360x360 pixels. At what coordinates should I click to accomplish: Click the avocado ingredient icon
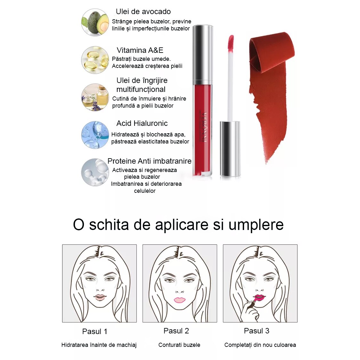pyautogui.click(x=95, y=22)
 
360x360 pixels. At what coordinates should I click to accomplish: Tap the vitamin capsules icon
pyautogui.click(x=95, y=60)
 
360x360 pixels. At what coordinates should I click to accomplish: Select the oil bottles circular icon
pyautogui.click(x=95, y=97)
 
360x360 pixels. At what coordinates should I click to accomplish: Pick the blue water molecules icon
pyautogui.click(x=95, y=135)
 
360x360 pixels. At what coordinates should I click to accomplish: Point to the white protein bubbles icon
pyautogui.click(x=95, y=172)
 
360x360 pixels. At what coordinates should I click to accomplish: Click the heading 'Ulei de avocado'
pyautogui.click(x=143, y=12)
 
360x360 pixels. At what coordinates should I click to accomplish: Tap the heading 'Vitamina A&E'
pyautogui.click(x=140, y=50)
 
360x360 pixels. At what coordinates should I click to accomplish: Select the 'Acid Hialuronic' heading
pyautogui.click(x=142, y=123)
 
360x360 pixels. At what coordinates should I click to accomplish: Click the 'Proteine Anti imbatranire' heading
pyautogui.click(x=149, y=161)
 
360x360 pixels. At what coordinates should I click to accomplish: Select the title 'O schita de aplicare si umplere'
pyautogui.click(x=178, y=225)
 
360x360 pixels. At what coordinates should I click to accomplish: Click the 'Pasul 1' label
pyautogui.click(x=94, y=331)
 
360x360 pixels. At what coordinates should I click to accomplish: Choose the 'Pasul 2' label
pyautogui.click(x=176, y=331)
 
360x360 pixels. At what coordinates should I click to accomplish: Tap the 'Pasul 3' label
pyautogui.click(x=257, y=331)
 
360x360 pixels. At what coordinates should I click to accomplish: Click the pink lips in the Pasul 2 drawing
pyautogui.click(x=180, y=300)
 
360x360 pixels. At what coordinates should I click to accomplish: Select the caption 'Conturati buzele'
pyautogui.click(x=179, y=345)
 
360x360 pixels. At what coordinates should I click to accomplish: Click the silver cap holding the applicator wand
pyautogui.click(x=230, y=149)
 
